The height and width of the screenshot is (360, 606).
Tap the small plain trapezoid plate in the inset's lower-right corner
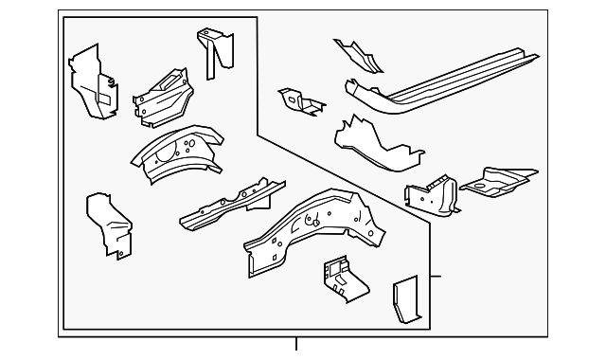[x=404, y=300]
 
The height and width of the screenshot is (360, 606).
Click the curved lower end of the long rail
[x=365, y=95]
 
